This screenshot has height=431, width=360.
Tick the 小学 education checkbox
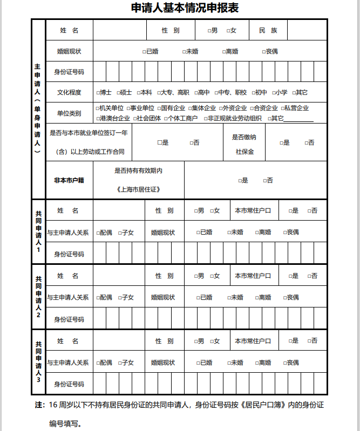(274, 92)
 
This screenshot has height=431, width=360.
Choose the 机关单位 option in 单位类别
(98, 108)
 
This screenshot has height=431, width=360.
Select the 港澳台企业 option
(98, 118)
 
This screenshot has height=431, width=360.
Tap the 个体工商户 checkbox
(166, 118)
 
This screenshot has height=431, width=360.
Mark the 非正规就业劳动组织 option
(206, 118)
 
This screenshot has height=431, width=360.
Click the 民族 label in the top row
(268, 30)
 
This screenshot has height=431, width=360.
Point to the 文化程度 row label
(69, 92)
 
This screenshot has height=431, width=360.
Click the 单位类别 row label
(69, 113)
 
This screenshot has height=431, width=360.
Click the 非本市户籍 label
(69, 180)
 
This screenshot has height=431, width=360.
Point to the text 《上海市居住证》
(138, 189)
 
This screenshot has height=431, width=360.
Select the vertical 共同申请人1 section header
(38, 232)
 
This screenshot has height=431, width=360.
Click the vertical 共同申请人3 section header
(38, 361)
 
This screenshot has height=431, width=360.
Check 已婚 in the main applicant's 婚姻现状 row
(144, 52)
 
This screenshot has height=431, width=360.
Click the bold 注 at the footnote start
(38, 405)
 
